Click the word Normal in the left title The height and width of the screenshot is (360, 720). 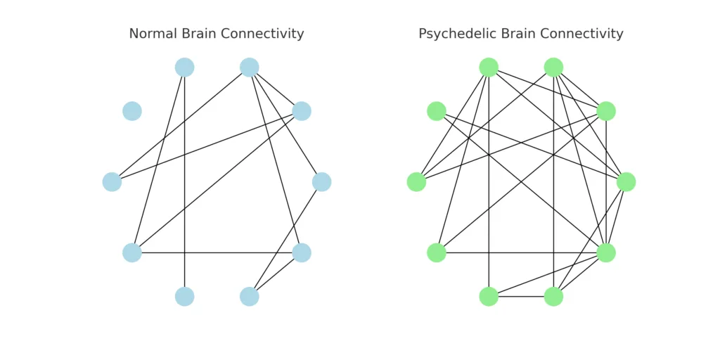click(152, 34)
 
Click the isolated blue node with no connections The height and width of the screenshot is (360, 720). click(132, 111)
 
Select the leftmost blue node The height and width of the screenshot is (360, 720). click(112, 182)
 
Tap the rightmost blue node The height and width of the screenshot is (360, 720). click(321, 182)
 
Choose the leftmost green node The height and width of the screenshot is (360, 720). click(416, 182)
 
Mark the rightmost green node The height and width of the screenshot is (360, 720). click(626, 182)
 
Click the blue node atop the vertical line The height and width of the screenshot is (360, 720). click(184, 67)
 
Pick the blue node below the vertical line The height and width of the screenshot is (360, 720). click(184, 297)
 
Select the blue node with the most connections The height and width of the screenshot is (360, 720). click(250, 67)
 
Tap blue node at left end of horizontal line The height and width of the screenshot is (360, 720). click(132, 252)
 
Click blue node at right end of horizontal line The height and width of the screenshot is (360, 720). click(302, 252)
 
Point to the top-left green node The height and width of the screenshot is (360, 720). click(489, 67)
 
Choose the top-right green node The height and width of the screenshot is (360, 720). click(554, 67)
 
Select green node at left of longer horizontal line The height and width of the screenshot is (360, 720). click(437, 252)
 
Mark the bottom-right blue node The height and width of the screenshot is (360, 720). click(250, 297)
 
